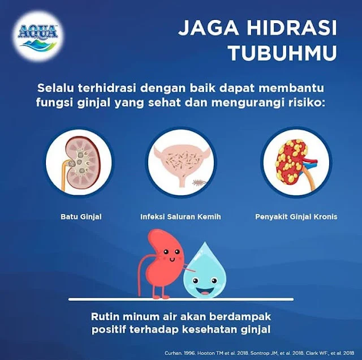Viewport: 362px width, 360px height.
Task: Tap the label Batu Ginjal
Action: (79, 216)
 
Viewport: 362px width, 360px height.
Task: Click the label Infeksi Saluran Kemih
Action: (180, 216)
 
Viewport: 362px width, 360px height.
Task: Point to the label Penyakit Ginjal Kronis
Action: (296, 216)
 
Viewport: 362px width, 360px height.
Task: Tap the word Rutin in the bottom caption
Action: (107, 316)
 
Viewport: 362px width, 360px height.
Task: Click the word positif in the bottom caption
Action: (111, 330)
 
